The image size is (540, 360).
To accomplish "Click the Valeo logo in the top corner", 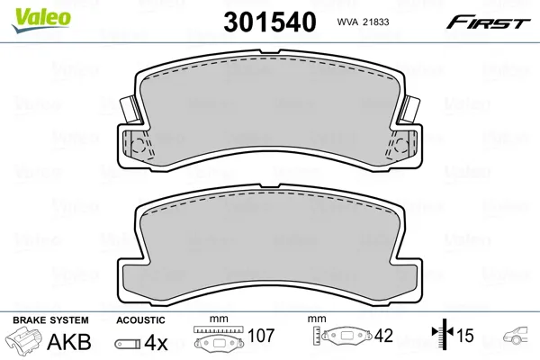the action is pos(41,21).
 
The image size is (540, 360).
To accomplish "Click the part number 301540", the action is pos(270,22).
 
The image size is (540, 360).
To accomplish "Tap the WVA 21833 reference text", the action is pos(363,22).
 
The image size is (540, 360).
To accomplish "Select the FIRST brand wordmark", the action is pos(488,22).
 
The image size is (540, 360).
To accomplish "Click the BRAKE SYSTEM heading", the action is pos(50,320).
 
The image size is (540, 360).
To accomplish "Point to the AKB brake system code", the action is pos(69,342).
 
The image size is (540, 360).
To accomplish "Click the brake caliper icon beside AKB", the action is pos(23,338).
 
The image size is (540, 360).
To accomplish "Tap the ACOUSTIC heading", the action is pos(140,320).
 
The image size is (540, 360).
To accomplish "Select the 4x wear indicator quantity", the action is pos(156,342).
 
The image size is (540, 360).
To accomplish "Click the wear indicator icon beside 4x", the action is pos(128,344).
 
